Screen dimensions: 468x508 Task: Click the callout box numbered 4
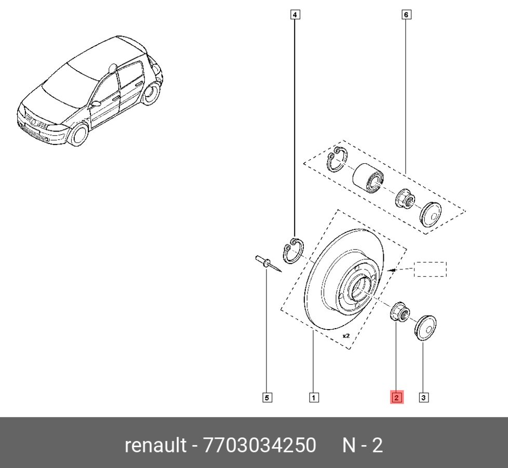295,15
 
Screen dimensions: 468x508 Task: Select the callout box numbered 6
406,15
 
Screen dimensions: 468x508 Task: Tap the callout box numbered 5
266,398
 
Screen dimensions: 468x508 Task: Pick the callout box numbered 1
314,398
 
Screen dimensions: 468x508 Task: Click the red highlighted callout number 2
396,398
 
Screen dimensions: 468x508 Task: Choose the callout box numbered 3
423,398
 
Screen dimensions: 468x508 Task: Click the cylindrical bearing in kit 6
367,178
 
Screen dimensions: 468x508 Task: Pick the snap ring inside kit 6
338,161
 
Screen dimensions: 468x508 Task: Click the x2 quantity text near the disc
346,336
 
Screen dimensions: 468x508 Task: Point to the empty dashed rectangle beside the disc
430,269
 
